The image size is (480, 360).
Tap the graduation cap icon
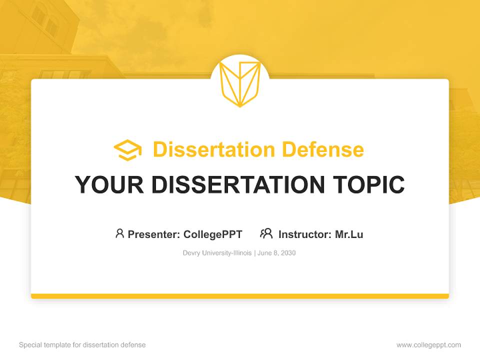[x=127, y=150]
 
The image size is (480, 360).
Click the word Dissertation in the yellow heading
[x=213, y=149]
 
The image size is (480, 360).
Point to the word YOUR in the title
[x=109, y=185]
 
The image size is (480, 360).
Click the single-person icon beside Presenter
[x=119, y=233]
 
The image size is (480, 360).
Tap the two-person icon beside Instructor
[x=266, y=233]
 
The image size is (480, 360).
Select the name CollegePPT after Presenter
[x=212, y=234]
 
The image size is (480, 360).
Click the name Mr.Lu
[x=349, y=234]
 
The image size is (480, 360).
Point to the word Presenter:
[x=154, y=234]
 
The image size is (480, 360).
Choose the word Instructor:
[x=305, y=234]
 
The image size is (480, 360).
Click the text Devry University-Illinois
[x=217, y=253]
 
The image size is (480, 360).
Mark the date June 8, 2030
[x=277, y=253]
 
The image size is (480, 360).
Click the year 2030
[x=288, y=253]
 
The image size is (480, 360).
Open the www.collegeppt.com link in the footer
[x=428, y=345]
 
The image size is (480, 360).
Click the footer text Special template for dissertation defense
[x=82, y=345]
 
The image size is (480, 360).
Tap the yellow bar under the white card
[x=240, y=296]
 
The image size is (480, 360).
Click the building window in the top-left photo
[x=39, y=15]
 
